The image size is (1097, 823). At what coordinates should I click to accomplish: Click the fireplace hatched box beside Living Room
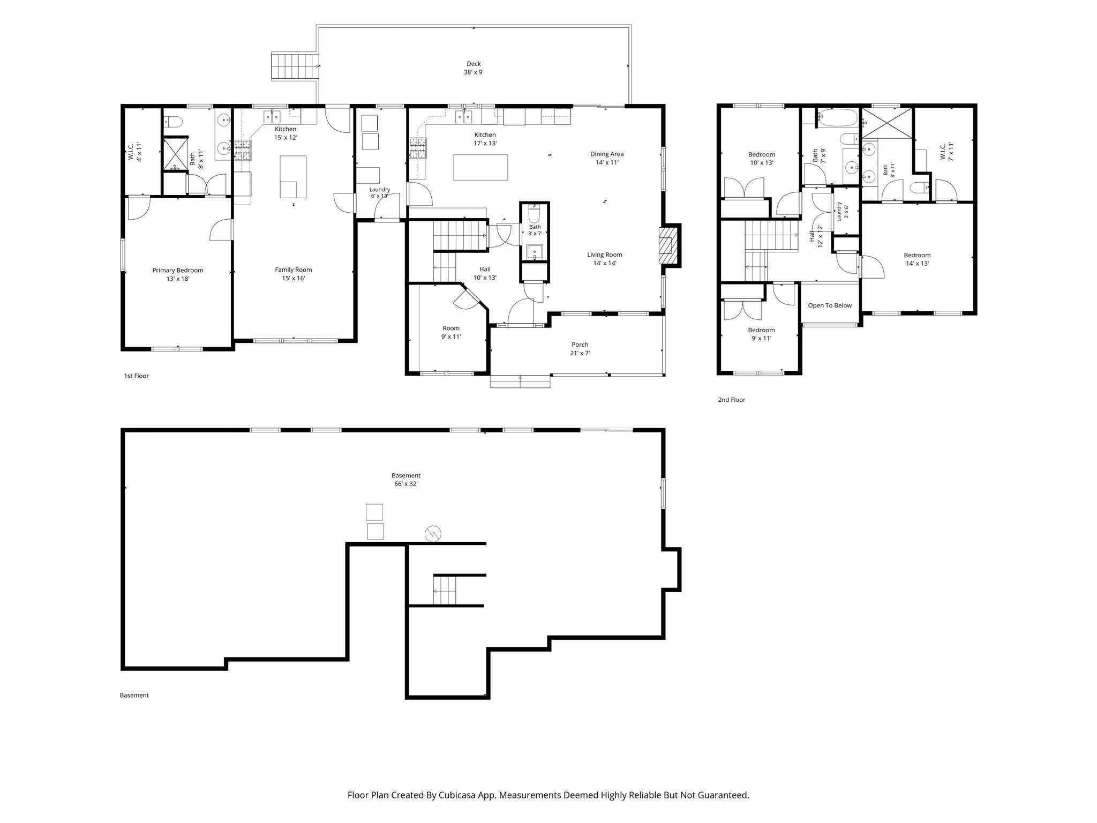pos(666,245)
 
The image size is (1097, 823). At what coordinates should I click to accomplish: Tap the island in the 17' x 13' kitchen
pos(480,167)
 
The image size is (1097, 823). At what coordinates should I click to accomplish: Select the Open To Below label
pos(830,305)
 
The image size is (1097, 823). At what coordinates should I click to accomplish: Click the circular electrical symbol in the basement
pos(433,534)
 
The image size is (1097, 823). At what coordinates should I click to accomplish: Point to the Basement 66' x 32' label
pos(406,480)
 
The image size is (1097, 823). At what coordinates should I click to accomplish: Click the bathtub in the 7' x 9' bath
pos(838,117)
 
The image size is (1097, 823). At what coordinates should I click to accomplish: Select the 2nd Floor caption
pos(732,400)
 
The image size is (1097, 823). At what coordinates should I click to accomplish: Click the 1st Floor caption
pos(137,376)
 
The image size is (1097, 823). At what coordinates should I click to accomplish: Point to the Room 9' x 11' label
pos(451,333)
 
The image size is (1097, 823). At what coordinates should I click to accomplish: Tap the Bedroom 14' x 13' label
pos(917,259)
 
